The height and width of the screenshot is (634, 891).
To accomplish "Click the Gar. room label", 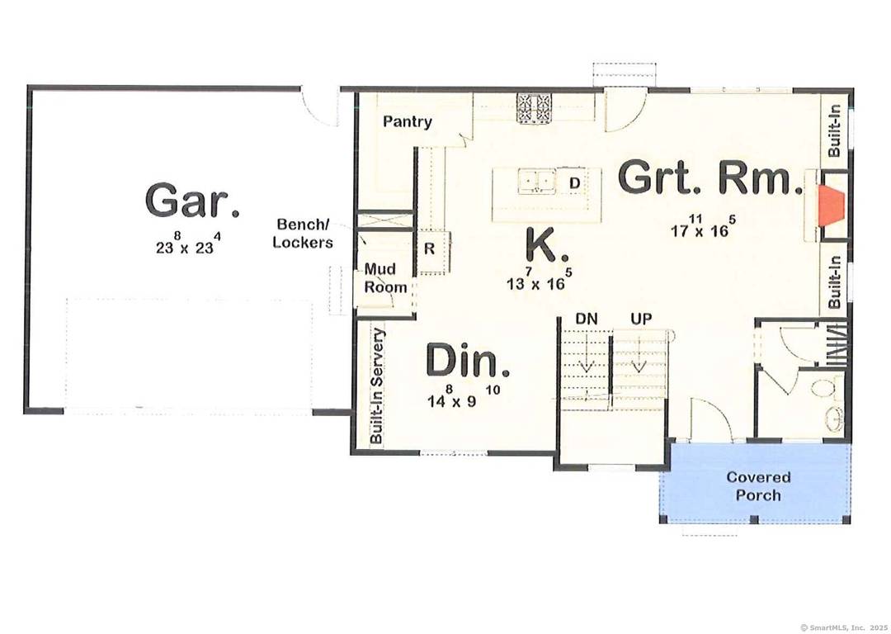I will click(192, 201).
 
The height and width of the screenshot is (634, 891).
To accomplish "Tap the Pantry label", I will click(408, 122).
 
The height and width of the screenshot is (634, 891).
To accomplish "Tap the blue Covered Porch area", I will click(757, 486).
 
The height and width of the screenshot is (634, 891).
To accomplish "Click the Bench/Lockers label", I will click(304, 233).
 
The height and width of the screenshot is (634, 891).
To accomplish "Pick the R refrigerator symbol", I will click(430, 248).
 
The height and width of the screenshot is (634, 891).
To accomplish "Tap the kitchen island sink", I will click(535, 180).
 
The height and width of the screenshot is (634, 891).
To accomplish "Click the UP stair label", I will click(641, 319).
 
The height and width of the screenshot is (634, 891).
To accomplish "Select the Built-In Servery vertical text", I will click(377, 386).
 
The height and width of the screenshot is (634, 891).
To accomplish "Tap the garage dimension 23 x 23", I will click(193, 245).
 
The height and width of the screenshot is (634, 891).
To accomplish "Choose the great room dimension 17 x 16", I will click(702, 229).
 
